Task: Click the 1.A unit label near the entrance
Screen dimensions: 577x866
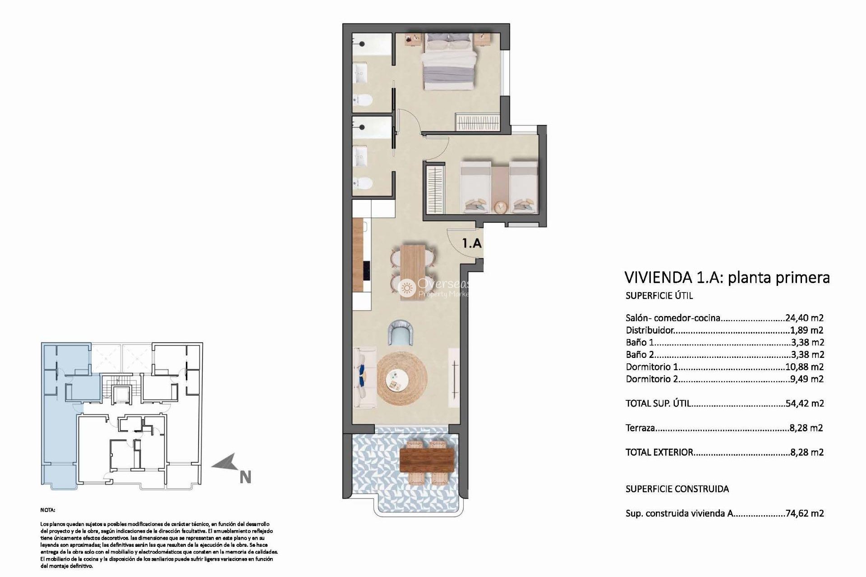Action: [472, 243]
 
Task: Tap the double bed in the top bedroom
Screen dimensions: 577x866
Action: [450, 63]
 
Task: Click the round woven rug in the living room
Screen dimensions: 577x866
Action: [402, 379]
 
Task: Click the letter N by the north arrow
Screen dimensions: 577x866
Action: [245, 477]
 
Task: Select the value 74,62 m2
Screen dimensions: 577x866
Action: [806, 513]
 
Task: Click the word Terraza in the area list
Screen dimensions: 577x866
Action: [640, 428]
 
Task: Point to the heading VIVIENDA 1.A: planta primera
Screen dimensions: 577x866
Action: [727, 277]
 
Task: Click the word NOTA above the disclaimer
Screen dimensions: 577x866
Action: [48, 510]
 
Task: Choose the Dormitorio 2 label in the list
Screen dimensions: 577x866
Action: [652, 379]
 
